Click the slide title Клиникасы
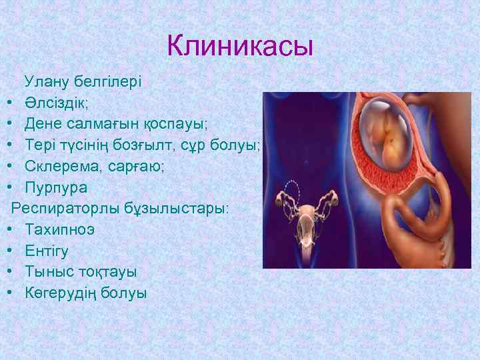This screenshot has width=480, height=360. (240, 46)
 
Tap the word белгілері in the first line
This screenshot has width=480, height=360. (107, 83)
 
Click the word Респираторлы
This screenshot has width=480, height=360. (67, 209)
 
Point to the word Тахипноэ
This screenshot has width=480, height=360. (60, 230)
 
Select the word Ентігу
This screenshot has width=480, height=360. (47, 251)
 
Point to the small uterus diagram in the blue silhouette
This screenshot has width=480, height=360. (309, 213)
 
